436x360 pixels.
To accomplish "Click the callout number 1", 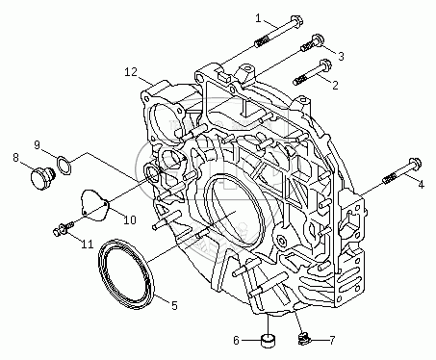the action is pos(259,18).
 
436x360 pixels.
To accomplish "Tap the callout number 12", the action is pos(131,72).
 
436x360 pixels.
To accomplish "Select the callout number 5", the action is pos(174,305).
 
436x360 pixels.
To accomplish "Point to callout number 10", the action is pos(130,219).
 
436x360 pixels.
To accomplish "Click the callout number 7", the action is pos(332,340).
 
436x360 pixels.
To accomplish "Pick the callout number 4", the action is pos(421,184).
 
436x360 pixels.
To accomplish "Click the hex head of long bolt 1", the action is pos(296,20).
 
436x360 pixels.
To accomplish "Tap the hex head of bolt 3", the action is pos(319,39).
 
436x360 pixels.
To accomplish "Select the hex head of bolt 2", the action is pos(325,64).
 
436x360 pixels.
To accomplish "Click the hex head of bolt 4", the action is pos(415,165).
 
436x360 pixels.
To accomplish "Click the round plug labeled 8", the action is pos(41,177).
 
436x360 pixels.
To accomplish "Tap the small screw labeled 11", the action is pos(64,228).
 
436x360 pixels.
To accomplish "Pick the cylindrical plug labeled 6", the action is pos(269,341).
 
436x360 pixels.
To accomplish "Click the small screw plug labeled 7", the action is pos(302,339).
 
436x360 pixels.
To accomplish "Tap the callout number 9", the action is pos(38,145).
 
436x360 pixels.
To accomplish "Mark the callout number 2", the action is pos(335,85).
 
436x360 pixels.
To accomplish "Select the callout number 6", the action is pos(236,340).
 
